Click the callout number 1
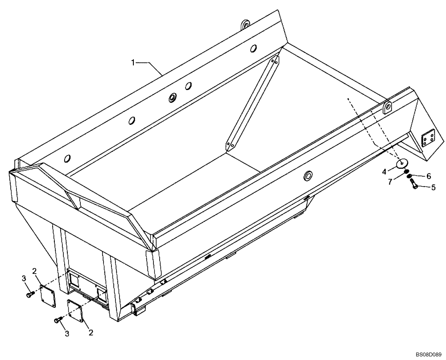click(x=133, y=63)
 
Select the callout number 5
click(x=433, y=188)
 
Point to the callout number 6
click(x=429, y=176)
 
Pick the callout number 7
click(x=390, y=182)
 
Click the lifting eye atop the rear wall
click(x=244, y=25)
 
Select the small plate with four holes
click(x=428, y=139)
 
